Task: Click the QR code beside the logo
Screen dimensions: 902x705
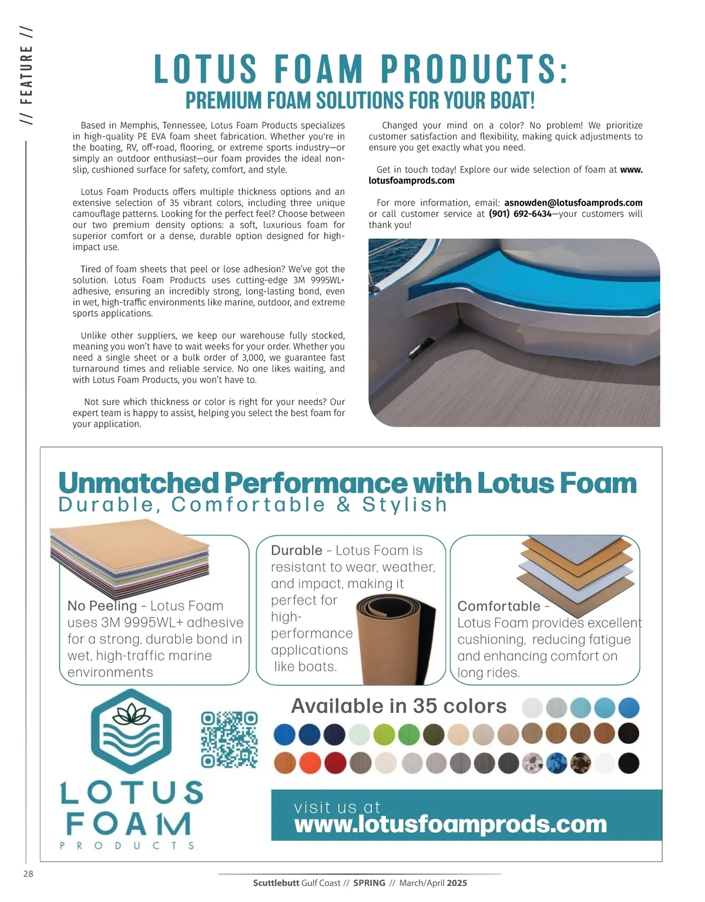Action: coord(229,739)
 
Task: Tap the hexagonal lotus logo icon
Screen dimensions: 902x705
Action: coord(132,730)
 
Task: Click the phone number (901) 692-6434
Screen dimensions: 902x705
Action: coord(520,214)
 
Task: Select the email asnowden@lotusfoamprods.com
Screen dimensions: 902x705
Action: coord(573,203)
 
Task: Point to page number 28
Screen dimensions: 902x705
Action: coord(28,874)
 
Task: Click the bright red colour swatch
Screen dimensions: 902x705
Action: coord(335,763)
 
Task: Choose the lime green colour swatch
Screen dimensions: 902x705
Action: coord(384,734)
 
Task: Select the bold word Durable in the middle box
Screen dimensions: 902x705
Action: coord(297,551)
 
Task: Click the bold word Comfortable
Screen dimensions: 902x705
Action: coord(499,606)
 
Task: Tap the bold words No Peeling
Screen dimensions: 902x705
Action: coord(102,606)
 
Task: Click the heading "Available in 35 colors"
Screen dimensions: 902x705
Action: coord(399,706)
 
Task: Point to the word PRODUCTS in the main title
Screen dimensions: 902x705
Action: coord(475,69)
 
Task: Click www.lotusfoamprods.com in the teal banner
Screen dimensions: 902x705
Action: coord(450,824)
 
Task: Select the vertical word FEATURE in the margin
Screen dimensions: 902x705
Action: coord(26,75)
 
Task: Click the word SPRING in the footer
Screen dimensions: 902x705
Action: coord(369,883)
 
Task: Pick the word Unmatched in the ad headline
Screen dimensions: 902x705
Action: coord(139,483)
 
